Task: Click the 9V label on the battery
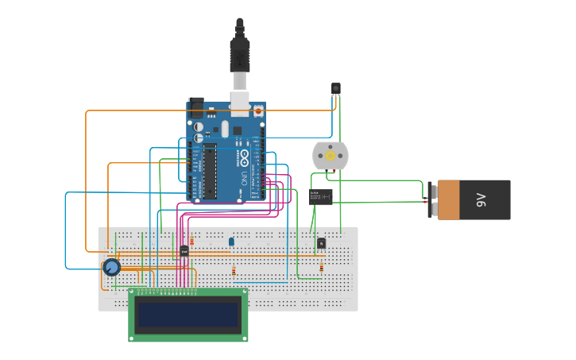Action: click(x=481, y=199)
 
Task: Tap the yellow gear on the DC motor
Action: click(x=331, y=157)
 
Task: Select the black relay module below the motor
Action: click(x=321, y=197)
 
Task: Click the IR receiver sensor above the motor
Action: click(x=336, y=89)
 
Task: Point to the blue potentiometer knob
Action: click(x=111, y=267)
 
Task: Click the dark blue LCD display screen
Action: click(x=188, y=315)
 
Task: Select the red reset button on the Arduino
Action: click(x=258, y=112)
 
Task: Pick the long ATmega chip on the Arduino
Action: click(x=210, y=171)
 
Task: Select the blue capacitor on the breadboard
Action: click(x=231, y=242)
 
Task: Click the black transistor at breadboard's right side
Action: click(x=321, y=243)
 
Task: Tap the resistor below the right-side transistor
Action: click(x=321, y=268)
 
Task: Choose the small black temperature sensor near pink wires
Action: click(x=184, y=251)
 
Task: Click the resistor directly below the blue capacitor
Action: click(x=234, y=271)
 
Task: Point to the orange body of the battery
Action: click(x=449, y=199)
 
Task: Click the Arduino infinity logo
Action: click(x=244, y=155)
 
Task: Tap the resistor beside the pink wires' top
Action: click(x=191, y=241)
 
